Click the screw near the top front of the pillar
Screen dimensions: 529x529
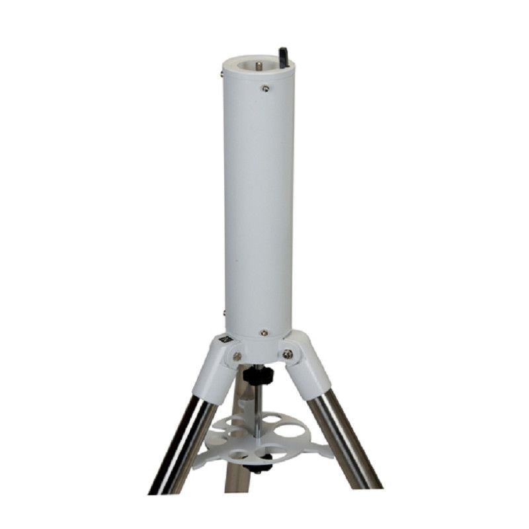tap(264, 88)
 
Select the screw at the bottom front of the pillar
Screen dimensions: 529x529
tap(264, 333)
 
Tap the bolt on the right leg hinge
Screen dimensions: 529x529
tap(288, 354)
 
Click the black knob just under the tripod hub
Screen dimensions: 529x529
tap(253, 377)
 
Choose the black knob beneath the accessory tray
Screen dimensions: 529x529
tap(257, 467)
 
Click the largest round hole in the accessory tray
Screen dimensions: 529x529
tap(291, 432)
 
